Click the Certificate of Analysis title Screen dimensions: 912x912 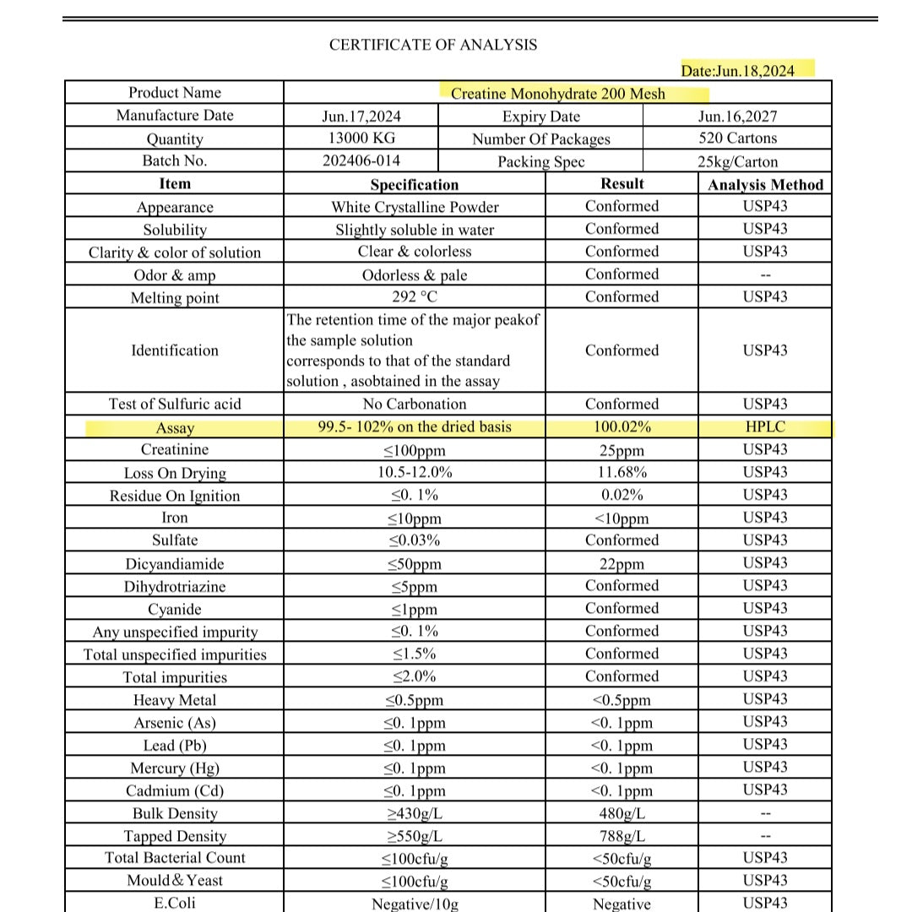click(432, 45)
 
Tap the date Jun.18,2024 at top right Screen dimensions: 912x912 click(737, 70)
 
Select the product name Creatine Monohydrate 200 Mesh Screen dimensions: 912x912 click(557, 94)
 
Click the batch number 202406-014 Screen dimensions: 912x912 click(361, 160)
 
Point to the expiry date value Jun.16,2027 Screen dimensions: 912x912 click(737, 117)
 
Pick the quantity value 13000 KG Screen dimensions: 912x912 click(361, 138)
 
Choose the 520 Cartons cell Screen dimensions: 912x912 click(737, 138)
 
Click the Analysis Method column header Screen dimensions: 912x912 click(765, 185)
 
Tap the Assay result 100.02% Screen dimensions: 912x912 click(622, 427)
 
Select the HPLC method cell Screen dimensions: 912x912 click(765, 427)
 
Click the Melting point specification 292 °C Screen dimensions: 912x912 click(414, 297)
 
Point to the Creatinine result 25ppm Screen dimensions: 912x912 click(622, 450)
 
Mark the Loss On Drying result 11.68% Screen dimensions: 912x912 click(622, 473)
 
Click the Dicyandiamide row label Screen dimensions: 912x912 click(175, 564)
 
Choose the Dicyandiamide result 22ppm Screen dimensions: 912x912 click(622, 564)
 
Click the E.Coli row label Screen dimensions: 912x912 click(175, 903)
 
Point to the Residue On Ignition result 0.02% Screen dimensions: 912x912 click(622, 496)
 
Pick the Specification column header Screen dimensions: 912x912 click(414, 185)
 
